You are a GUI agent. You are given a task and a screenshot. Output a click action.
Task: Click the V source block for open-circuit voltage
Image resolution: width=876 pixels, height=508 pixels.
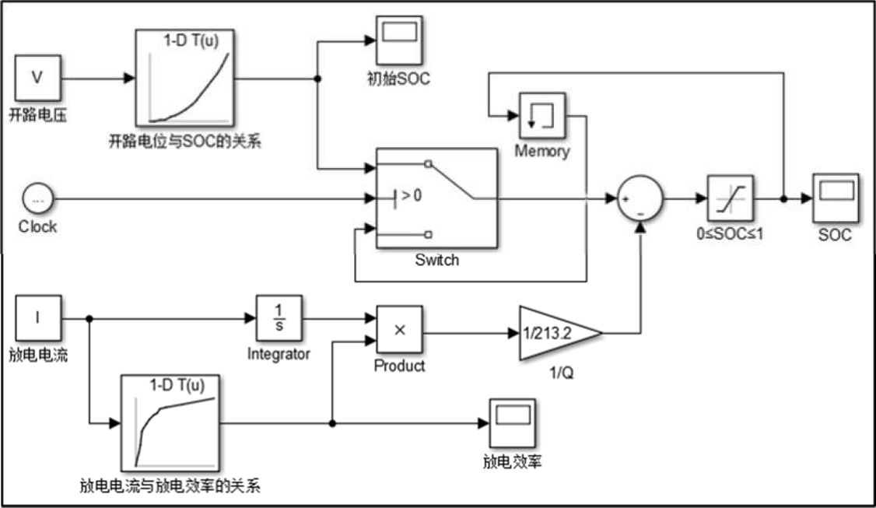pyautogui.click(x=37, y=78)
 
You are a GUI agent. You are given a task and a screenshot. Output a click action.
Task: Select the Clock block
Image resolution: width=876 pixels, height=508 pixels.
pyautogui.click(x=37, y=199)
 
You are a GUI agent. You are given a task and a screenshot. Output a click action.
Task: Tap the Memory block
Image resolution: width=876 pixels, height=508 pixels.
pyautogui.click(x=541, y=117)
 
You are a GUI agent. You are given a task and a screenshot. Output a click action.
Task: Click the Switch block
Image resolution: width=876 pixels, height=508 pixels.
pyautogui.click(x=436, y=198)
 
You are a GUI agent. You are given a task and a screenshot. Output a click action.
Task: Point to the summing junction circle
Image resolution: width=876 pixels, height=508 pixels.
pyautogui.click(x=639, y=198)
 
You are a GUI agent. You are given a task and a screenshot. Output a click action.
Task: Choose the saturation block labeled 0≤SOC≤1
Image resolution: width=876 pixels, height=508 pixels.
pyautogui.click(x=730, y=198)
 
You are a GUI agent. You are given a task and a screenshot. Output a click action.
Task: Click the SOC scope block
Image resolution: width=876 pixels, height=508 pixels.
pyautogui.click(x=835, y=198)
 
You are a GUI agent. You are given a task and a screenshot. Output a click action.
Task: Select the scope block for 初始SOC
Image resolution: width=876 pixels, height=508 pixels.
pyautogui.click(x=398, y=40)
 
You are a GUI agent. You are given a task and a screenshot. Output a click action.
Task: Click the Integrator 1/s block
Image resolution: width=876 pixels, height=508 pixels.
pyautogui.click(x=279, y=317)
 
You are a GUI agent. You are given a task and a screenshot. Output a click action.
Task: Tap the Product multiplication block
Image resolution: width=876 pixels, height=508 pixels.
pyautogui.click(x=399, y=329)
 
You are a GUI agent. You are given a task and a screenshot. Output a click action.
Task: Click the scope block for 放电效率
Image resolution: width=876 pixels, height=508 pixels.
pyautogui.click(x=511, y=423)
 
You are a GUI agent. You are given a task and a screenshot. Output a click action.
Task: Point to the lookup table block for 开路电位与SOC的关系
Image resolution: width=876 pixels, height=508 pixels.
pyautogui.click(x=185, y=78)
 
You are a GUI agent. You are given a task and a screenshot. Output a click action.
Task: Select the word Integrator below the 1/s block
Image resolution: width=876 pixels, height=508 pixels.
pyautogui.click(x=279, y=355)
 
